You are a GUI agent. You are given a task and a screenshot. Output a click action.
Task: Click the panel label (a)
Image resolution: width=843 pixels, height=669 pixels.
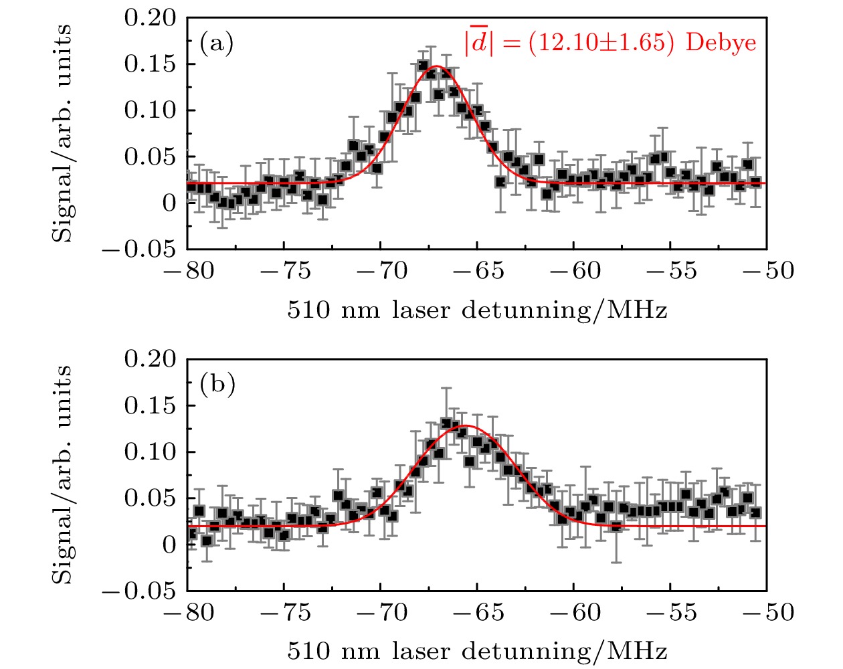(216, 44)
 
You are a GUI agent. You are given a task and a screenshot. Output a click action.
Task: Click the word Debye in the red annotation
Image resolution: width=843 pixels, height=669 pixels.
(721, 43)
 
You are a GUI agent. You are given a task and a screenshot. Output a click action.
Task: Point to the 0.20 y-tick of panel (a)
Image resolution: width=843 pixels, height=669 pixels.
(151, 18)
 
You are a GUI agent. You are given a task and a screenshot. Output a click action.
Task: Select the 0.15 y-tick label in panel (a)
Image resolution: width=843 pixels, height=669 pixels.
(151, 64)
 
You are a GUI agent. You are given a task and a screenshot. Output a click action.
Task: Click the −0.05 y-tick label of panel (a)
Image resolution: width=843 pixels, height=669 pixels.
(140, 250)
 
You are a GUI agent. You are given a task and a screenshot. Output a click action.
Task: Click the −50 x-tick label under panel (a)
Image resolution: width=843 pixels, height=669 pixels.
(768, 271)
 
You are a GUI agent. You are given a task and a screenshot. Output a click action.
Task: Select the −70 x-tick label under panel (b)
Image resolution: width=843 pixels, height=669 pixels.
(381, 612)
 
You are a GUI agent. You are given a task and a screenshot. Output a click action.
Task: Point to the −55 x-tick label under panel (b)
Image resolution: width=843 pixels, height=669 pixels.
(671, 612)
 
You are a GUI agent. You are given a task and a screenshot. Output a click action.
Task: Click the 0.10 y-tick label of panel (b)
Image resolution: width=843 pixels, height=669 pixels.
(151, 452)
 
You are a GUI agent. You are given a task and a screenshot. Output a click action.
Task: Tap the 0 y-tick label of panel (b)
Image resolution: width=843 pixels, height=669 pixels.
(171, 545)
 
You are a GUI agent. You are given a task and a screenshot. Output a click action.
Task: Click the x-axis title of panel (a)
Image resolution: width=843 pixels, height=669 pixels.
(477, 310)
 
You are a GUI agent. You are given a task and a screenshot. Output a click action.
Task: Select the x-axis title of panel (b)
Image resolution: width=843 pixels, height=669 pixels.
(477, 651)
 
